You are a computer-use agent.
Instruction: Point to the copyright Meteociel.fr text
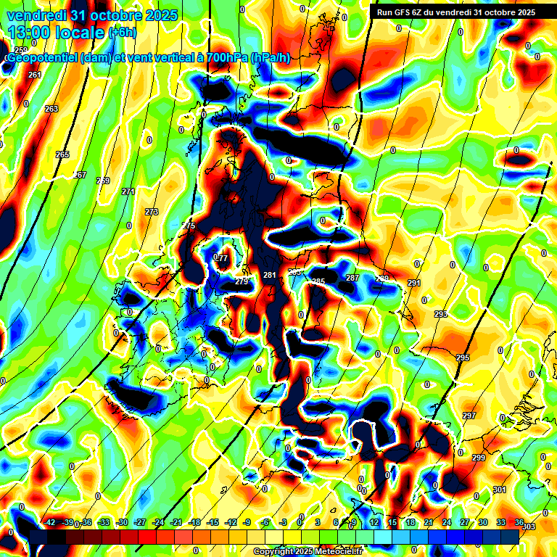pyautogui.click(x=308, y=551)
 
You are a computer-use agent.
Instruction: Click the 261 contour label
pyautogui.click(x=34, y=75)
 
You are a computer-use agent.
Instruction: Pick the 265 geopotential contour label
pyautogui.click(x=62, y=154)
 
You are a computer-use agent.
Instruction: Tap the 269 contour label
pyautogui.click(x=103, y=181)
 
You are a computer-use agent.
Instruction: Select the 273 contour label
pyautogui.click(x=151, y=212)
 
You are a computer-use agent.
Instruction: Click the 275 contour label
pyautogui.click(x=189, y=226)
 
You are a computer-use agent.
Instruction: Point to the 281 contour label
pyautogui.click(x=270, y=276)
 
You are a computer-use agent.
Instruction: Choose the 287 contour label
pyautogui.click(x=352, y=278)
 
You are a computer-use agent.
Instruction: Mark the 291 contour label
pyautogui.click(x=414, y=283)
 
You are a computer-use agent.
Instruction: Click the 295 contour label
pyautogui.click(x=462, y=358)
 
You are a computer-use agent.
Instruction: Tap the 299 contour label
pyautogui.click(x=479, y=458)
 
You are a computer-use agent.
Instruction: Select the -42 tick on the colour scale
pyautogui.click(x=49, y=522)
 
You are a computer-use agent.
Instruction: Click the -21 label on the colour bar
pyautogui.click(x=176, y=522)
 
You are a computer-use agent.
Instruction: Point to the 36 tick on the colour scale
pyautogui.click(x=519, y=522)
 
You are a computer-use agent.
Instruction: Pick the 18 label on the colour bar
pyautogui.click(x=410, y=522)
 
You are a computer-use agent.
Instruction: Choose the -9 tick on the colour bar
pyautogui.click(x=248, y=522)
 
